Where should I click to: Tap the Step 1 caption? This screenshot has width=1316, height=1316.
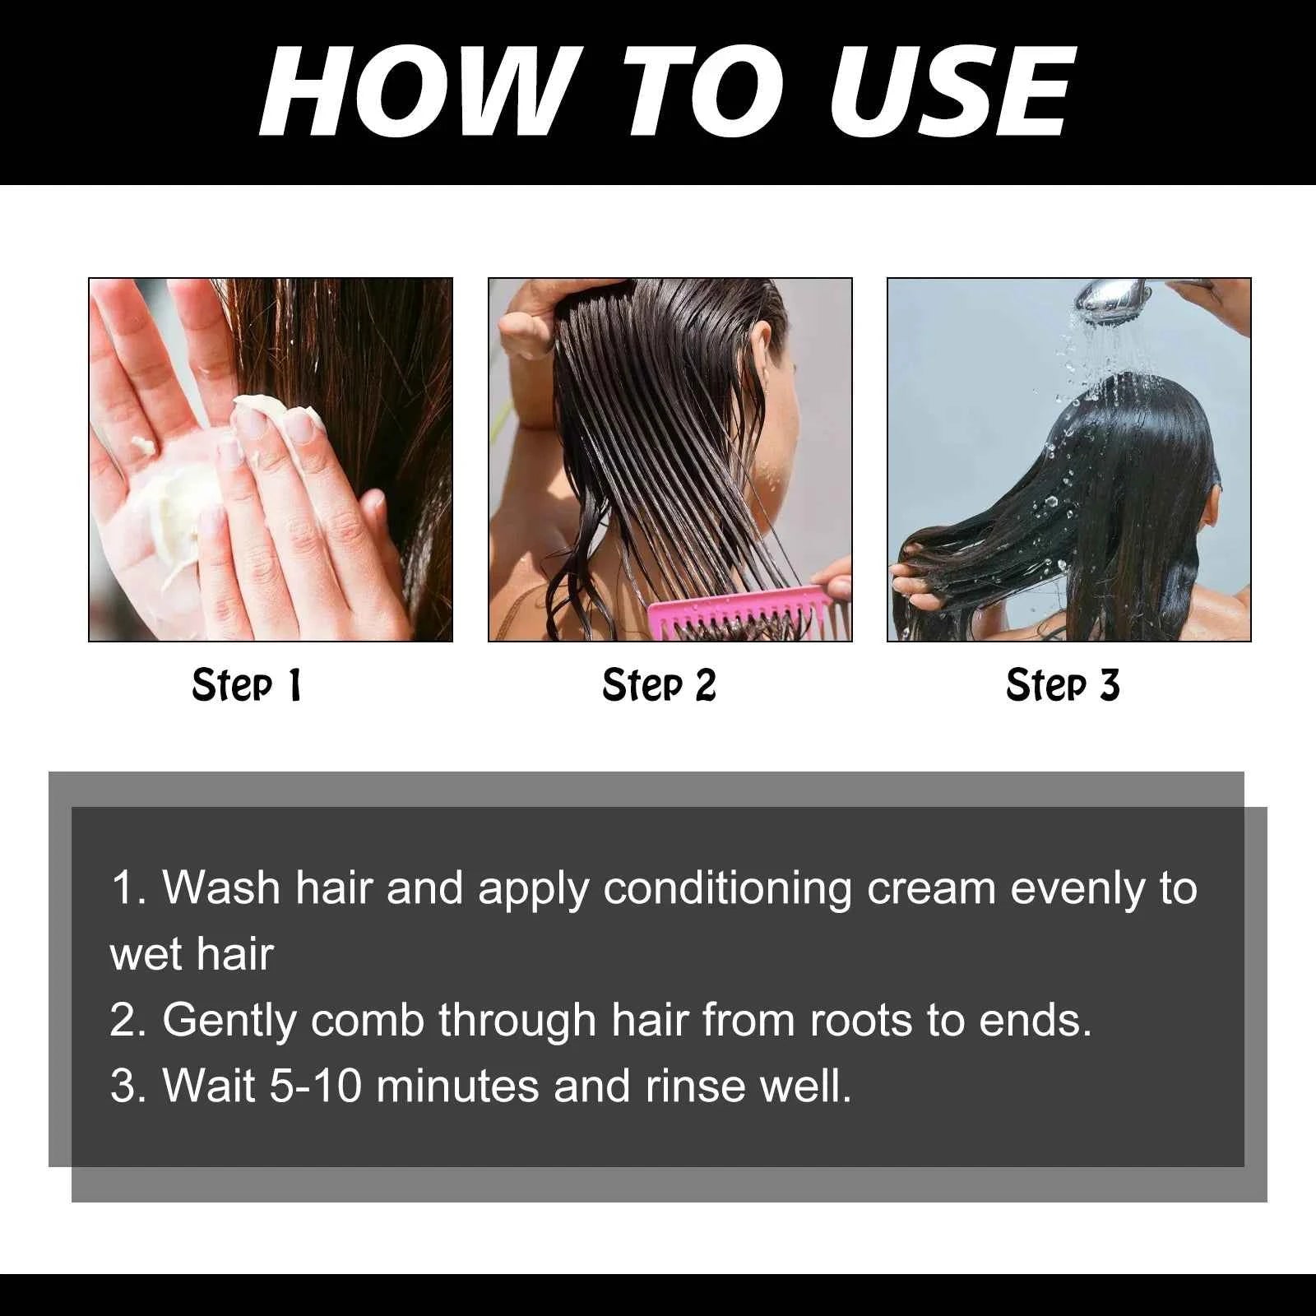247,685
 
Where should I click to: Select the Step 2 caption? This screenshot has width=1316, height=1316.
659,685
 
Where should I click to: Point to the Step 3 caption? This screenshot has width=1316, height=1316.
1063,685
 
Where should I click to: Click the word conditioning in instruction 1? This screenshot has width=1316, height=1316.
727,888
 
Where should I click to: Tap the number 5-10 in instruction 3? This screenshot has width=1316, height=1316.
316,1086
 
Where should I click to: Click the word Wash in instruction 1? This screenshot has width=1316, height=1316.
221,888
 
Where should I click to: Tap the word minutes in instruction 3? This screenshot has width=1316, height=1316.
457,1086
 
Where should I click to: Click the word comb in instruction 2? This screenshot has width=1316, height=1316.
367,1021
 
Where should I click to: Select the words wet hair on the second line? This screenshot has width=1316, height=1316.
191,955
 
